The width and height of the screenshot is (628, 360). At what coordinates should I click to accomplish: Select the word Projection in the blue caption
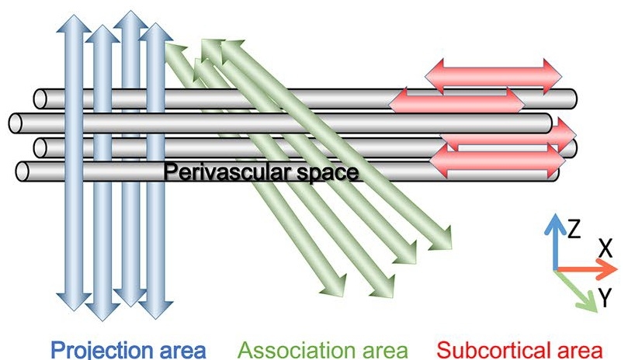point(96,346)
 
